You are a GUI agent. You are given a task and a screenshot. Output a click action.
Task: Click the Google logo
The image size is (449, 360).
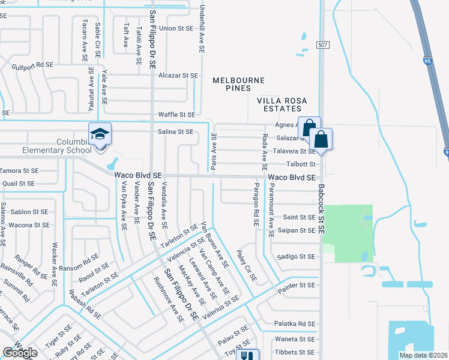click(20, 353)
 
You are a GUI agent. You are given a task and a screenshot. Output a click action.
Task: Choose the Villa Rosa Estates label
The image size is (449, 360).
click(279, 104)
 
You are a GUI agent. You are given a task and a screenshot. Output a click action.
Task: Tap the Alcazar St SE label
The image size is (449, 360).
click(178, 76)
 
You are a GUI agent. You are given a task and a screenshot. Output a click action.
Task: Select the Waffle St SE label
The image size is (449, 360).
click(176, 115)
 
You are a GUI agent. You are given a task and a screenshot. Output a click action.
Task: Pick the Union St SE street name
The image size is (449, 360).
click(176, 28)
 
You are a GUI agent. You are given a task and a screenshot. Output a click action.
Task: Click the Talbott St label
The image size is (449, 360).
click(300, 164)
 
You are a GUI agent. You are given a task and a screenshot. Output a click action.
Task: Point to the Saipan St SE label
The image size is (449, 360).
click(299, 230)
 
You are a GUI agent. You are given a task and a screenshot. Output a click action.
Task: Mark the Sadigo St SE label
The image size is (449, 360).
click(296, 257)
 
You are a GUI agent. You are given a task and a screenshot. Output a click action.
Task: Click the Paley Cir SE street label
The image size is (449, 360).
click(247, 266)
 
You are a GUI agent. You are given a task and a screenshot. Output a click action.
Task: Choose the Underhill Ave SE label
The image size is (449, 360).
click(202, 27)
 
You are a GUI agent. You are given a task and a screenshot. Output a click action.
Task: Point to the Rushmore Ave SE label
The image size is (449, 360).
click(169, 299)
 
